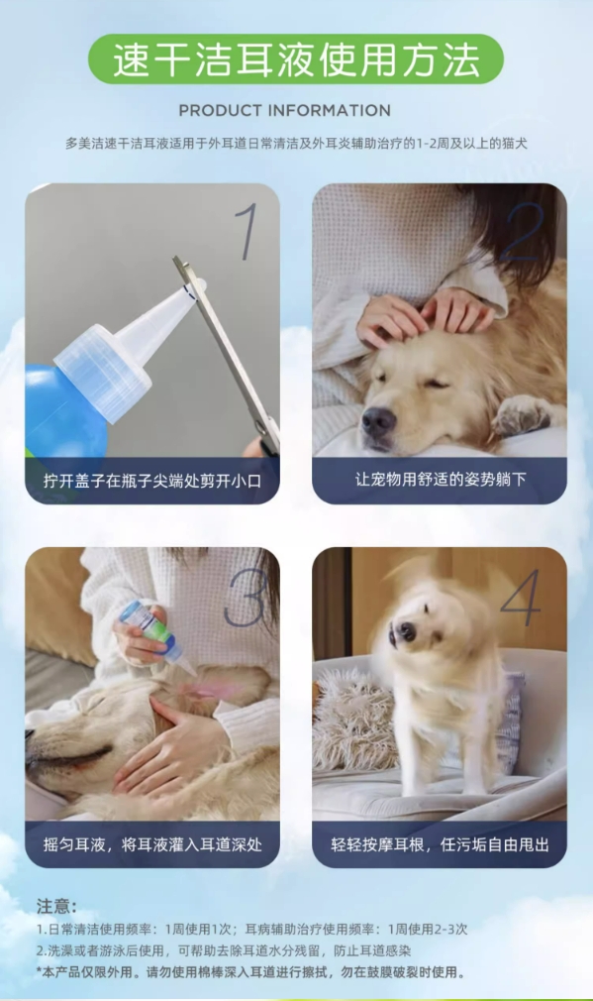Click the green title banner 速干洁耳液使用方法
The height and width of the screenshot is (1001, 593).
[296, 58]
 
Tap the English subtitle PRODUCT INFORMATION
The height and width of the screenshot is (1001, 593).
[284, 110]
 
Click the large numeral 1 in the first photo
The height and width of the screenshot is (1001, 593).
[247, 231]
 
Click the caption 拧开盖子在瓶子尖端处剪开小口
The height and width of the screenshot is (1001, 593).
[152, 481]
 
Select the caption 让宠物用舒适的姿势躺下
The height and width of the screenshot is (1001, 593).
[440, 480]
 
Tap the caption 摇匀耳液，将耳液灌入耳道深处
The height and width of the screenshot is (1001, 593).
[152, 844]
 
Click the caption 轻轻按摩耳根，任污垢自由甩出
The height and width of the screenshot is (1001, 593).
[440, 844]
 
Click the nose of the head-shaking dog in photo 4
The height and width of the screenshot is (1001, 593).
[406, 632]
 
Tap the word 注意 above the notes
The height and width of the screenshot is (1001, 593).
[56, 906]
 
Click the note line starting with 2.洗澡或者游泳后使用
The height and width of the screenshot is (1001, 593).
[224, 950]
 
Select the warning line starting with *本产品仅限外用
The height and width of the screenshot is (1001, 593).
[250, 972]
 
